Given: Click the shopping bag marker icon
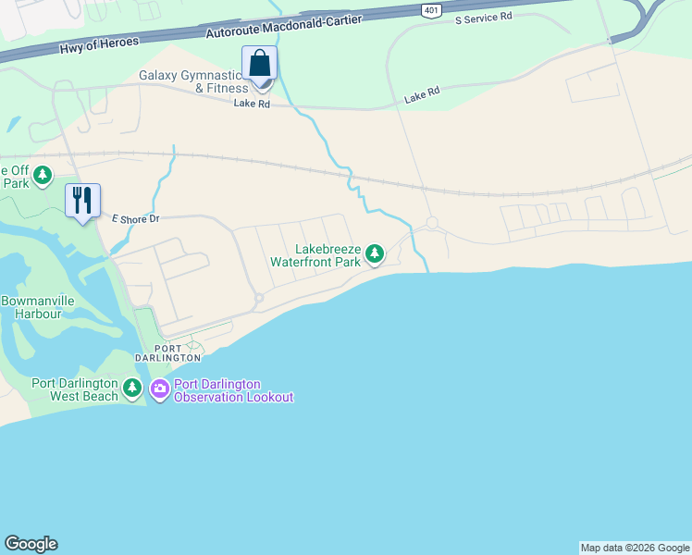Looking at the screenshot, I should click(x=260, y=64).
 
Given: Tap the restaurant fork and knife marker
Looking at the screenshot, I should click(x=82, y=200).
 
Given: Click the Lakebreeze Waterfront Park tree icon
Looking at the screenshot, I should click(x=374, y=253).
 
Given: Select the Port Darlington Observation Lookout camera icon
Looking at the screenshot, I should click(x=160, y=389).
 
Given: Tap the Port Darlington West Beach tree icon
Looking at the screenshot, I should click(x=133, y=389).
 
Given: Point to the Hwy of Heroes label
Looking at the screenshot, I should click(x=98, y=44).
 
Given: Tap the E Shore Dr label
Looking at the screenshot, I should click(x=136, y=219).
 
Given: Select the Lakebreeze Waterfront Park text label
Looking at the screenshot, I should click(x=315, y=255).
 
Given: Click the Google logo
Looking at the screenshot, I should click(x=31, y=544).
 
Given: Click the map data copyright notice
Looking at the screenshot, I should click(x=635, y=548).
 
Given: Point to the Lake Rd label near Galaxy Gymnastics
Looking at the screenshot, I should click(x=252, y=104).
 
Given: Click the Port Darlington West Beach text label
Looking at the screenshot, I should click(x=74, y=389).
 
